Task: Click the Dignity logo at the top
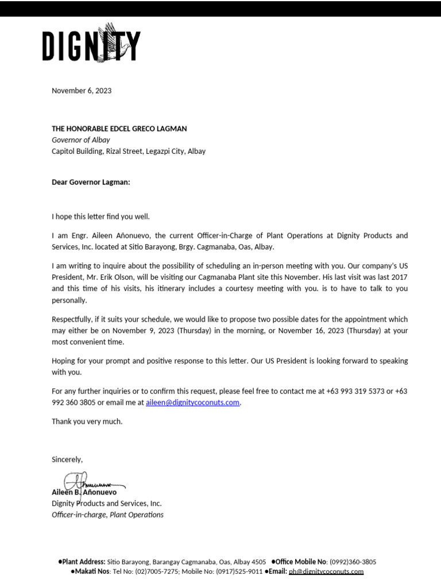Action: [x=91, y=44]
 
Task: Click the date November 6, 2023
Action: [x=82, y=91]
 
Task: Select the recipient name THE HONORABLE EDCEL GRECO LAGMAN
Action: [x=119, y=129]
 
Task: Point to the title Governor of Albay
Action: [x=80, y=140]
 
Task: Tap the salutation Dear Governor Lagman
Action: [x=91, y=182]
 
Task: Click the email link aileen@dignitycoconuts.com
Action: [x=192, y=403]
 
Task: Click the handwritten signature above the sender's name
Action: [x=86, y=482]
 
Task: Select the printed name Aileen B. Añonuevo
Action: [x=84, y=492]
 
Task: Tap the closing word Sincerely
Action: [x=67, y=459]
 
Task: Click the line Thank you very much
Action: [x=87, y=421]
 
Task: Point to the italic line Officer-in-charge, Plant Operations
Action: [x=107, y=514]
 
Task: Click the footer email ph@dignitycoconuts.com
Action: [x=326, y=571]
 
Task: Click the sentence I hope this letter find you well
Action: [x=100, y=216]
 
